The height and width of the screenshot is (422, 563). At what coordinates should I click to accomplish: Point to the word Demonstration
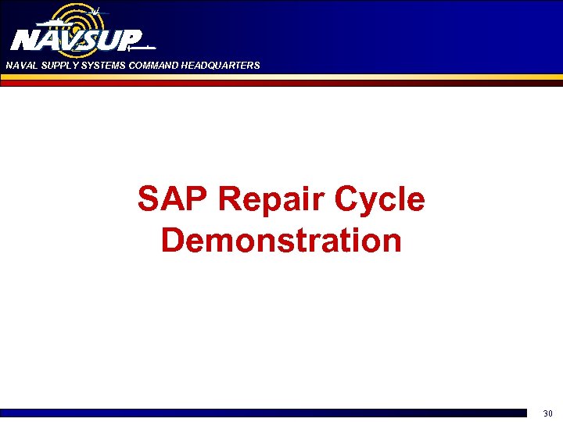click(x=281, y=240)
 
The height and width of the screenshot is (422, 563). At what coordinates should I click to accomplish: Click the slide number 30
click(x=547, y=413)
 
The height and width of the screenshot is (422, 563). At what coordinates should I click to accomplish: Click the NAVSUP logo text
click(x=77, y=40)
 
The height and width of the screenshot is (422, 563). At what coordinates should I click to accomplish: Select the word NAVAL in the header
click(x=20, y=66)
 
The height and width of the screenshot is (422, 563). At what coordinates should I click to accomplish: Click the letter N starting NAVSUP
click(x=25, y=40)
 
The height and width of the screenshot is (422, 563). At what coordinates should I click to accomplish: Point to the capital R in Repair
click(x=231, y=200)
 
